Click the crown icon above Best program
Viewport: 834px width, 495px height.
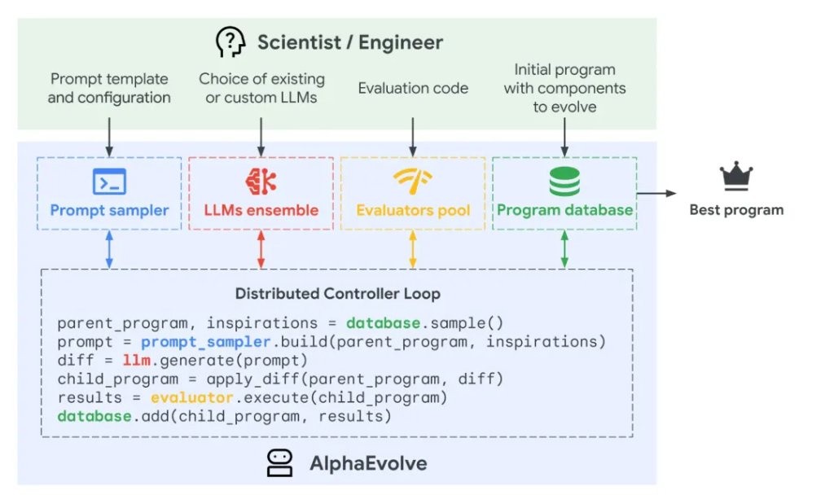tap(736, 176)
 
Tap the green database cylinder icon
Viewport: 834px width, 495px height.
tap(564, 182)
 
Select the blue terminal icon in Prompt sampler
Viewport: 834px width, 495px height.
tap(109, 182)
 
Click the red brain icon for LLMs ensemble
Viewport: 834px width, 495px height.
tap(261, 182)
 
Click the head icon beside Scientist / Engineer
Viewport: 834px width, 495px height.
tap(230, 42)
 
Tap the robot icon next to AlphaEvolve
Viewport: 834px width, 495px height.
tap(280, 462)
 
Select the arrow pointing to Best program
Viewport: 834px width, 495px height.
tap(656, 193)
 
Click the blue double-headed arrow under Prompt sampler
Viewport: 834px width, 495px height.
tap(109, 249)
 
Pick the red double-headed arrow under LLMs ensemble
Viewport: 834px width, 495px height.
tap(261, 249)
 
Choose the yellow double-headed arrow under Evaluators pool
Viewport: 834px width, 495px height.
tap(413, 249)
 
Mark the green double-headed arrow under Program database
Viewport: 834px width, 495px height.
tap(564, 249)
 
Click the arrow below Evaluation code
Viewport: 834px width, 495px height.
tap(413, 137)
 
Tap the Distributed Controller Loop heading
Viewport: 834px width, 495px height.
tap(338, 293)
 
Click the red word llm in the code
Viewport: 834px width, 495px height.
tap(137, 360)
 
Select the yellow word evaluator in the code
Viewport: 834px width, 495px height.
tap(192, 397)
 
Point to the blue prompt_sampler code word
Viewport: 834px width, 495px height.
tap(206, 342)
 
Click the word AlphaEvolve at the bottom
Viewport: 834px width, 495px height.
tap(368, 463)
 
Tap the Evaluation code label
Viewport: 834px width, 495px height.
tap(413, 88)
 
